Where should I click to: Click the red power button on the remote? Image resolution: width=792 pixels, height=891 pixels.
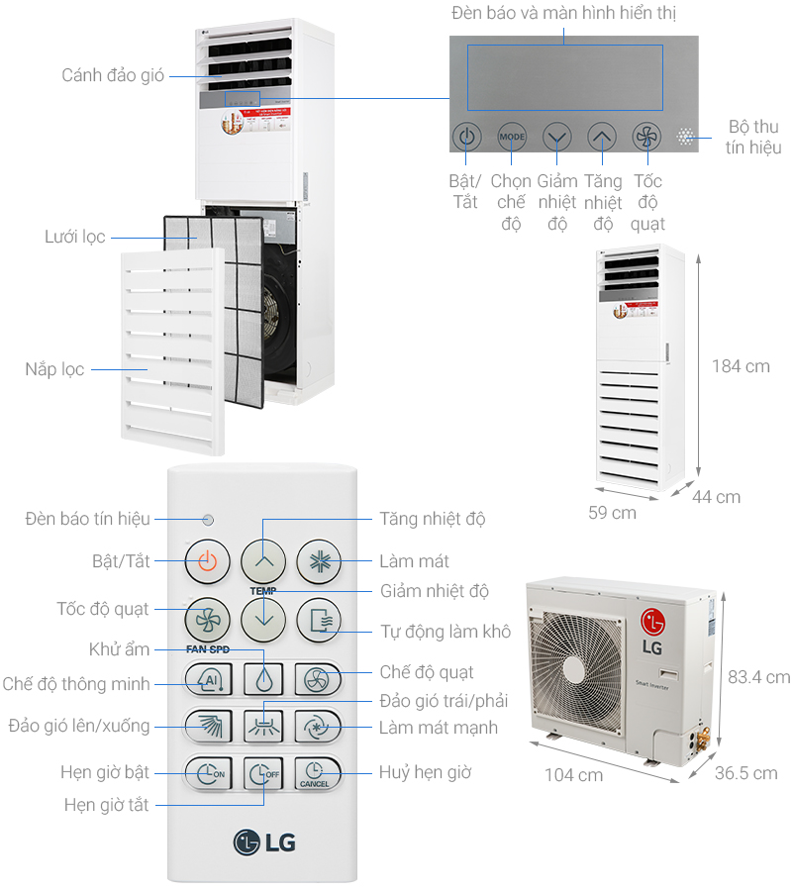[x=207, y=561]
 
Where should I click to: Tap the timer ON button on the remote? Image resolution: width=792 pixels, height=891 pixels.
[x=207, y=773]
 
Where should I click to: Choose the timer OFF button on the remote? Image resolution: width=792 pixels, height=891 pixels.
[x=262, y=773]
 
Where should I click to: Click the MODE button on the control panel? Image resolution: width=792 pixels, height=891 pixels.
[x=512, y=137]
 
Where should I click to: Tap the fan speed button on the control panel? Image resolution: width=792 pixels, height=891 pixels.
[x=646, y=137]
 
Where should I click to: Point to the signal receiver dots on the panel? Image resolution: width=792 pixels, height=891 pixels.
[x=686, y=137]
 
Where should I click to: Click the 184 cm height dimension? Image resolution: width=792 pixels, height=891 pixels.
[x=740, y=366]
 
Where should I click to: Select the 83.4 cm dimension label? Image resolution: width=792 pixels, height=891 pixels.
[x=758, y=677]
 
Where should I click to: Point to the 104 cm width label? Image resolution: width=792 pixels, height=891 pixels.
[x=573, y=775]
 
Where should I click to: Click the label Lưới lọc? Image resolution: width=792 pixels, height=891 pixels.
[x=75, y=238]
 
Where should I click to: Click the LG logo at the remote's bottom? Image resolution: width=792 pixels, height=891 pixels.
[x=264, y=842]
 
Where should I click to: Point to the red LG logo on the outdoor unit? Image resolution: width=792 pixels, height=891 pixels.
[x=652, y=623]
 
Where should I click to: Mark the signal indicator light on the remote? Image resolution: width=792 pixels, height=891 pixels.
[x=208, y=520]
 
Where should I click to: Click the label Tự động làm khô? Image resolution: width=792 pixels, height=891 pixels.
[x=445, y=631]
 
